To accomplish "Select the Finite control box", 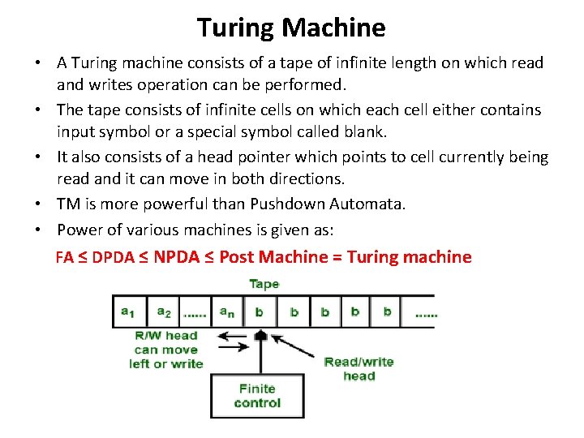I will pos(256,396).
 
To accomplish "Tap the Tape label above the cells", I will pos(264,284).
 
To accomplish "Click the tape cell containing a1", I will pos(128,311).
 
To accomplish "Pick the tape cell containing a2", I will pos(164,311).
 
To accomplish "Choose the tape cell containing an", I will pos(229,311).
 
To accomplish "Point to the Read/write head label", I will pos(359,368).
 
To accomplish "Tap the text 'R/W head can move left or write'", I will pos(165,350).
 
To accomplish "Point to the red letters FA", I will pos(64,258).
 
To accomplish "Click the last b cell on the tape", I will pos(387,311).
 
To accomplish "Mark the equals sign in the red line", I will pos(335,257).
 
